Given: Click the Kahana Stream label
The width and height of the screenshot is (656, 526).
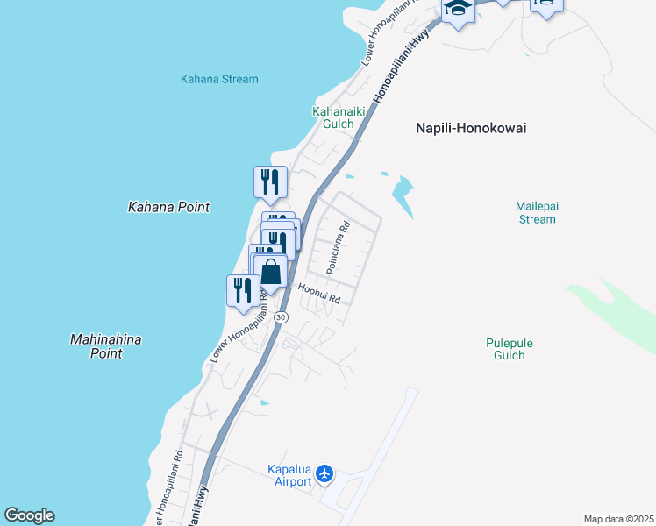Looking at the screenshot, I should coord(219,79).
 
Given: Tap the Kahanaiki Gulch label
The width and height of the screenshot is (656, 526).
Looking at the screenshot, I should coord(333,117).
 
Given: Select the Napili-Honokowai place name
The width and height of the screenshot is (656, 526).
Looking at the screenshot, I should coord(470,128).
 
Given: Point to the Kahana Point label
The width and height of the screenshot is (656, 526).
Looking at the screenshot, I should coord(169,208).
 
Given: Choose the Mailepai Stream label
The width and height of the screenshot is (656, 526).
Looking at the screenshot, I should coord(536,213).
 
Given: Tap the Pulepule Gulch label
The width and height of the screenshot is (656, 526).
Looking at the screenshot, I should coord(509,349).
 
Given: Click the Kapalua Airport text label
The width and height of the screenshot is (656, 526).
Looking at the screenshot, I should coord(289,476).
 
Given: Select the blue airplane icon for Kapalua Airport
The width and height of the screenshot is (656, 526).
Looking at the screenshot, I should coord(325,474).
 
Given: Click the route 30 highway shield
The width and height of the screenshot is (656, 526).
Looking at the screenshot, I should coord(280,316).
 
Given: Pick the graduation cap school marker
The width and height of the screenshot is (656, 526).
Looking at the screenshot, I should coord(458,10).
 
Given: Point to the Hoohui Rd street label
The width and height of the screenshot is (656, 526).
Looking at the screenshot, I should coord(318,293).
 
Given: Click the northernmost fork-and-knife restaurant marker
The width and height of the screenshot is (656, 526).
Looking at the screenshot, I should coord(270,182).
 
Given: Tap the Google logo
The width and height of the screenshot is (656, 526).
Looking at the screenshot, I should coord(29,515).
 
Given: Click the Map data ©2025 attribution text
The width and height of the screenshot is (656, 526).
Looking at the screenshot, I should coord(618,519).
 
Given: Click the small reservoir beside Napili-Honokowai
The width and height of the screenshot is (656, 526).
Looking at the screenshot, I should coord(403,195).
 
